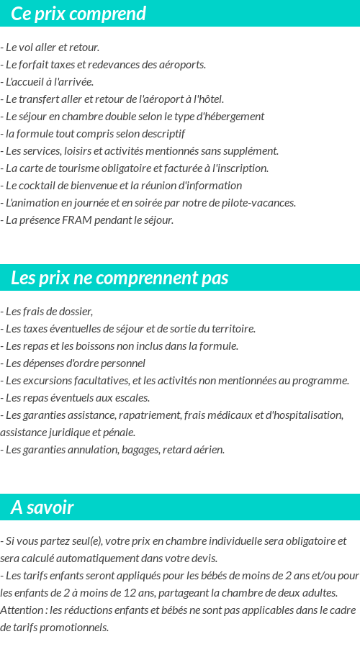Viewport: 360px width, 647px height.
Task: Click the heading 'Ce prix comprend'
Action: coord(78,14)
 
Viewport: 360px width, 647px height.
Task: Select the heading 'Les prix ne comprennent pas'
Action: coord(120,278)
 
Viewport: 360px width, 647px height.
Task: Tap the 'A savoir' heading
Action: coord(42,507)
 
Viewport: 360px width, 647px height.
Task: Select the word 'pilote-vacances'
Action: coord(259,203)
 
